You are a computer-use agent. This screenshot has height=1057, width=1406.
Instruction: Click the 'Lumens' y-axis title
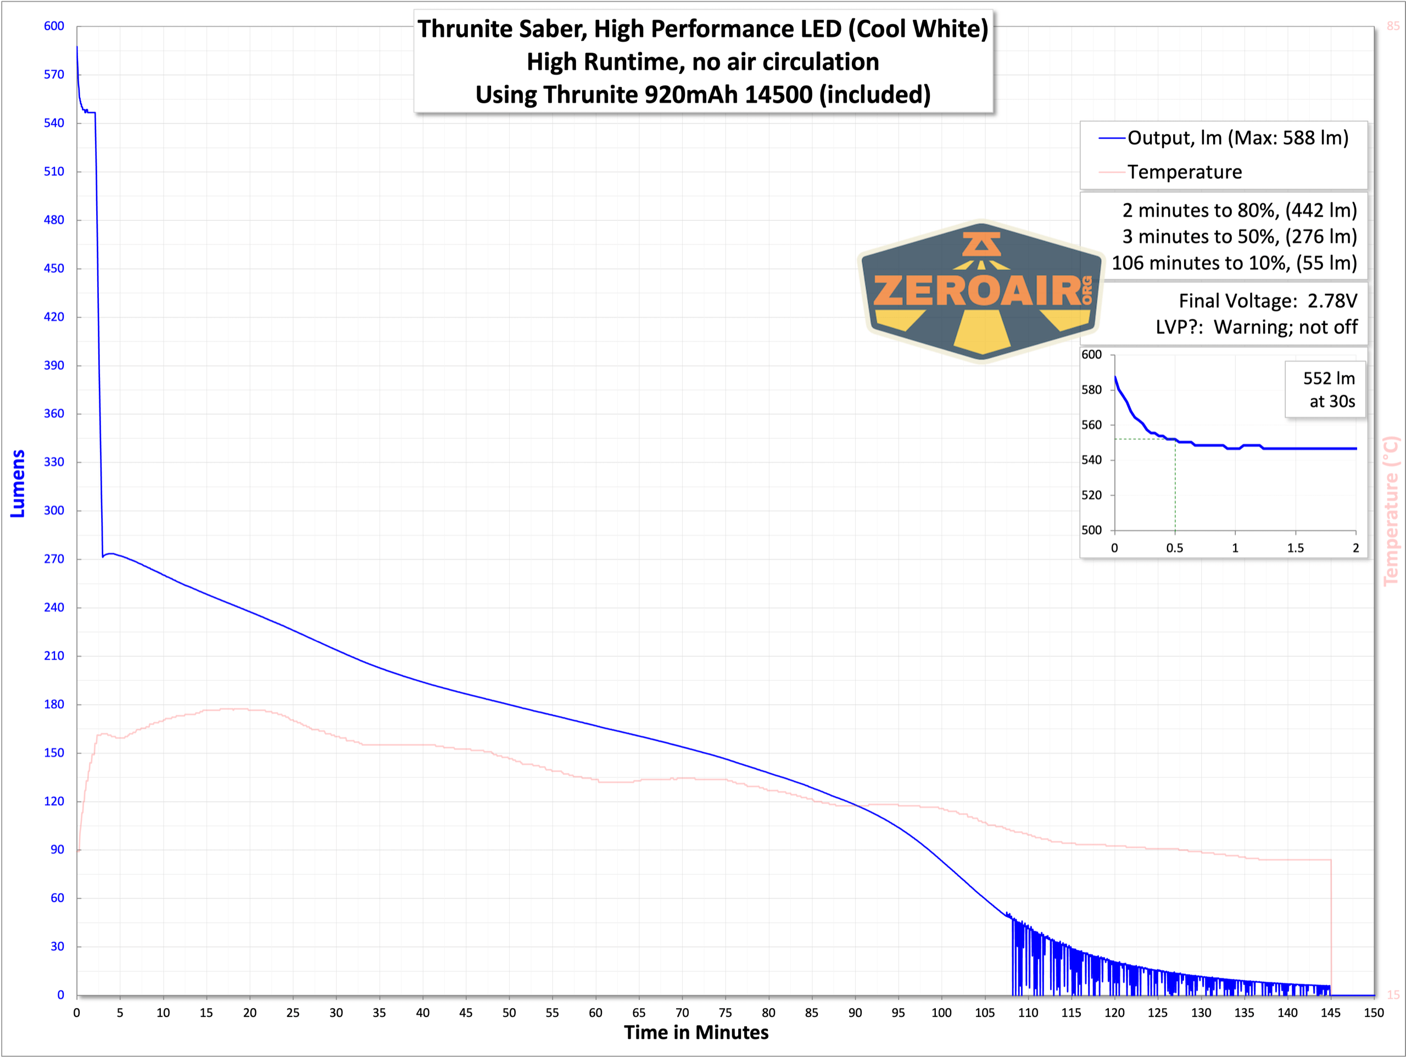(18, 483)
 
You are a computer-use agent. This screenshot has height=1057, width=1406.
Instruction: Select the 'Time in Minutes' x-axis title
(696, 1032)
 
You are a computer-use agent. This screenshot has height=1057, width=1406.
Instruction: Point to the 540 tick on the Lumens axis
(54, 123)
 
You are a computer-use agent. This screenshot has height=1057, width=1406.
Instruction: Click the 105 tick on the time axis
(985, 1013)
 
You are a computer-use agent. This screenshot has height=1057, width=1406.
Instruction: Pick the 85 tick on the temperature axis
(1393, 26)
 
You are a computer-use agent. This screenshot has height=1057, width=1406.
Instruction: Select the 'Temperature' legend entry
(1184, 172)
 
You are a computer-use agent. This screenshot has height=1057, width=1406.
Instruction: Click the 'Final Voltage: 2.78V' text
(1268, 301)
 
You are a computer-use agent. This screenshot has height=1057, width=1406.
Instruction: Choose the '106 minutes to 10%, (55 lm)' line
(1234, 263)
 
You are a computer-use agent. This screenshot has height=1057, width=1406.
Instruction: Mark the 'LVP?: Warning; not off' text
(1256, 327)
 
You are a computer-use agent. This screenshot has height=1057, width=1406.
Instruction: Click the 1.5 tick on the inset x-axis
(1296, 548)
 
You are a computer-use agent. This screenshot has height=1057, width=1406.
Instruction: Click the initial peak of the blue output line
(77, 47)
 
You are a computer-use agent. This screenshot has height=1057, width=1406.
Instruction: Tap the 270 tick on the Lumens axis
(54, 559)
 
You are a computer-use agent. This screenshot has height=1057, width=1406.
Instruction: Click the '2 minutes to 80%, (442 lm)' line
(1239, 210)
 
